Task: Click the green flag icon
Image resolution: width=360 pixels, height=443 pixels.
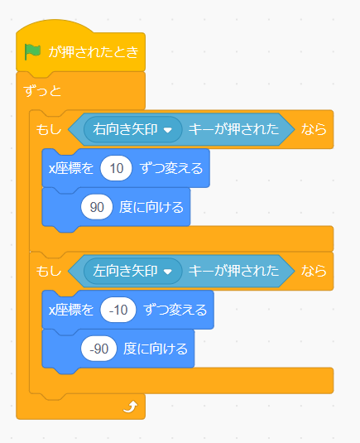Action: [32, 51]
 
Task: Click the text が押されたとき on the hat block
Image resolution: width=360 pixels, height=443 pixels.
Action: [94, 52]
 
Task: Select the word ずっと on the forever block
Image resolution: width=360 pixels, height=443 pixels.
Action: [42, 91]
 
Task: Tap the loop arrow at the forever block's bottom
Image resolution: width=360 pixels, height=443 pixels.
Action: [130, 407]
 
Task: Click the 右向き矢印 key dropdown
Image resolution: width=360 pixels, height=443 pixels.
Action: [132, 129]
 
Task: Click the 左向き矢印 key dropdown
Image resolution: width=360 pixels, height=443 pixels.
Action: [132, 271]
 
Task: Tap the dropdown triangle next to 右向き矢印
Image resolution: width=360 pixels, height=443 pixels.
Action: [168, 130]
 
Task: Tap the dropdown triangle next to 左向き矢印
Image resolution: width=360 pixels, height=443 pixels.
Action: [168, 272]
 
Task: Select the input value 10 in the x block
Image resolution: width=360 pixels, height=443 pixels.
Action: [117, 168]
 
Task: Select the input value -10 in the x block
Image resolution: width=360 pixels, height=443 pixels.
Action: [118, 310]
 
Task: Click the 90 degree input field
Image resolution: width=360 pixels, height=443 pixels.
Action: [97, 207]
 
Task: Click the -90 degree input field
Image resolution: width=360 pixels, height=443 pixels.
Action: [98, 349]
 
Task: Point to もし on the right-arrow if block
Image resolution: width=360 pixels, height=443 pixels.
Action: [49, 129]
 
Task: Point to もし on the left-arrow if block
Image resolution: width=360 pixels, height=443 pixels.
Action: [49, 271]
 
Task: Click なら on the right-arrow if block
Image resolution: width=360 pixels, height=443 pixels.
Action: [314, 129]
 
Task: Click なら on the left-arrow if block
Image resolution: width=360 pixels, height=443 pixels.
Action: [314, 271]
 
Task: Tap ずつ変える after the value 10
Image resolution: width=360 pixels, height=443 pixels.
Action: [171, 168]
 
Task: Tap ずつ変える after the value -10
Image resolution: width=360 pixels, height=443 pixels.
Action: [175, 310]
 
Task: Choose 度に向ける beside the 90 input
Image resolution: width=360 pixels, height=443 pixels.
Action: [151, 207]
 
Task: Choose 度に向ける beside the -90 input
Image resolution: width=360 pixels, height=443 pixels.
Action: [156, 349]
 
